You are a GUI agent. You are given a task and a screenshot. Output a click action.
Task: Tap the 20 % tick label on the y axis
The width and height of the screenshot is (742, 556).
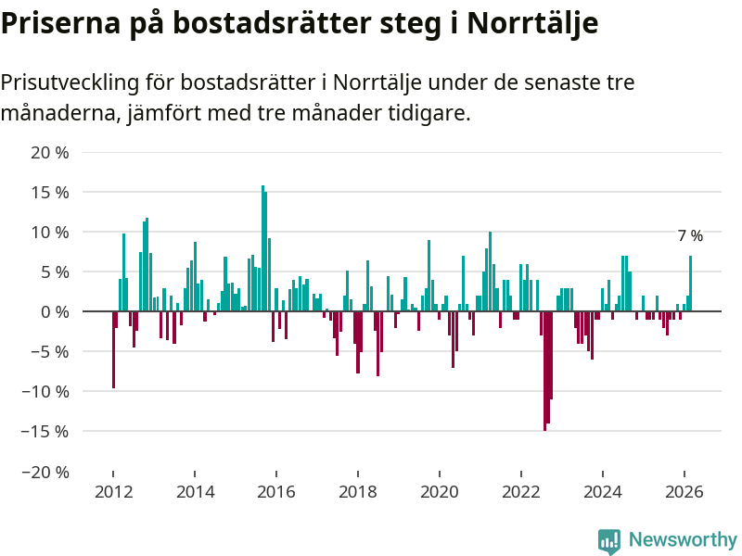50,152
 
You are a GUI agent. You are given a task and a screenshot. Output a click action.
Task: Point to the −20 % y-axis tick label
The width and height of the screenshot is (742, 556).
45,472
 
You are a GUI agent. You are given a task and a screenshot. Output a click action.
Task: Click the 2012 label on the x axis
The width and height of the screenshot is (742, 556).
113,492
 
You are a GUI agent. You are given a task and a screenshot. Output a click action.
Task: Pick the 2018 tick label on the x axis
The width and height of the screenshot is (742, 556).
358,492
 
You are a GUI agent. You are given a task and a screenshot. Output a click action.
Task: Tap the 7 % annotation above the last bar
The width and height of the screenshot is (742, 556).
690,236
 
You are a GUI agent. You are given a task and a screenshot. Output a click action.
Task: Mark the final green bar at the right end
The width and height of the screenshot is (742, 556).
690,284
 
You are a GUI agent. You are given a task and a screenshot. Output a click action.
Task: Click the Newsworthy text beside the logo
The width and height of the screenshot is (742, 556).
683,540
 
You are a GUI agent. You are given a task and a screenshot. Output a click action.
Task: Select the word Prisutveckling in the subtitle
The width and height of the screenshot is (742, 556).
70,82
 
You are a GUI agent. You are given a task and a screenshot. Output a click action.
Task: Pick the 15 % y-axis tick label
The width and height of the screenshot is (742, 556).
50,193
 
